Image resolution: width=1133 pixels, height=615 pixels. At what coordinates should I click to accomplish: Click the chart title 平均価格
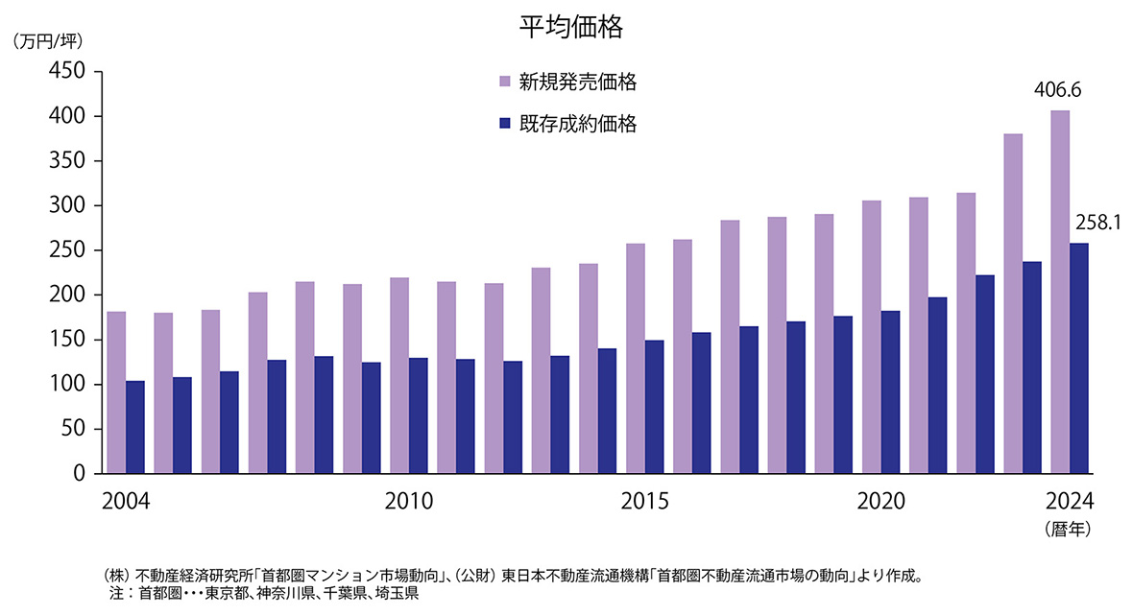pyautogui.click(x=571, y=28)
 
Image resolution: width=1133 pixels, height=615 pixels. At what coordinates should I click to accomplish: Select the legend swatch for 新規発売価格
pyautogui.click(x=505, y=83)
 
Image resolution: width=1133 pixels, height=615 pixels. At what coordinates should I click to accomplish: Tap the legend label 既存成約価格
pyautogui.click(x=578, y=124)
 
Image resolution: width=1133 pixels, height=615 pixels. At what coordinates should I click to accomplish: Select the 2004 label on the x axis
pyautogui.click(x=126, y=502)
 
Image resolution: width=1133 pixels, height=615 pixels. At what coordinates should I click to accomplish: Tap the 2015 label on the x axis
pyautogui.click(x=644, y=502)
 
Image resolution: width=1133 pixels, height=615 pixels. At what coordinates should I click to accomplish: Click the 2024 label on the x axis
pyautogui.click(x=1070, y=502)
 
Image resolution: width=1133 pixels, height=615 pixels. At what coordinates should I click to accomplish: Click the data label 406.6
pyautogui.click(x=1057, y=91)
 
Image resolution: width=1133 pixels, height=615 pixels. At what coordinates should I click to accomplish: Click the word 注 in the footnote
pyautogui.click(x=117, y=594)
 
